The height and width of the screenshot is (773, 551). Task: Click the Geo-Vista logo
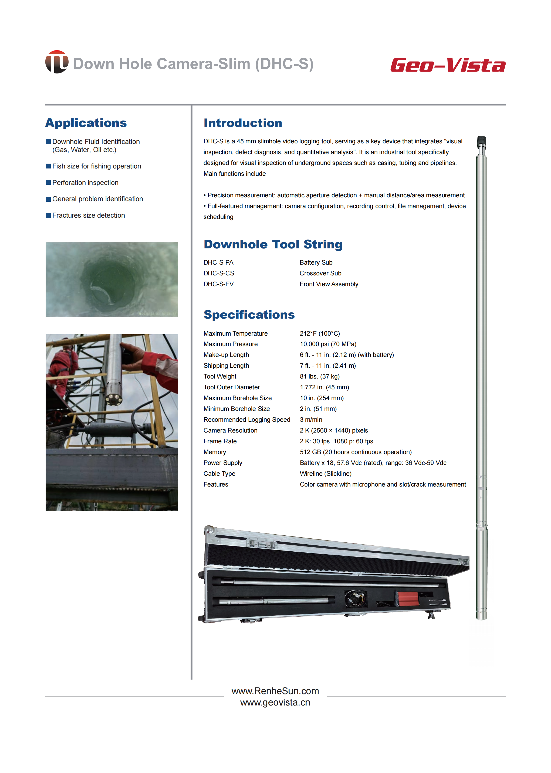click(448, 65)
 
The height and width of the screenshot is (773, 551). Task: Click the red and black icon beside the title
click(57, 62)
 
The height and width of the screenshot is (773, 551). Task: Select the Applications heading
click(86, 123)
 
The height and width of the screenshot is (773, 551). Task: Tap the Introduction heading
click(243, 123)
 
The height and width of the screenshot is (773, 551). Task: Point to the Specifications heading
click(249, 315)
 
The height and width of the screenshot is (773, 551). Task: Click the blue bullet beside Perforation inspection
click(48, 183)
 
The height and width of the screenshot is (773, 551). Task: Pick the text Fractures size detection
click(88, 215)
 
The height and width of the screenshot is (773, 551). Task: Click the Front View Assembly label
click(329, 284)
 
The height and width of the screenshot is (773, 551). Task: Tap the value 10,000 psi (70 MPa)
click(328, 344)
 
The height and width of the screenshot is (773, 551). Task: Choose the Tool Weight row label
click(219, 376)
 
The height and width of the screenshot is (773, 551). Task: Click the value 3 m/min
click(311, 420)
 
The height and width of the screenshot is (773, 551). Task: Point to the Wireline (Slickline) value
click(325, 474)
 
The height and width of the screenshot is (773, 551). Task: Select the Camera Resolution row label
click(230, 430)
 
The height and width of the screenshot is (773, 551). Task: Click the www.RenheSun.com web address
click(275, 691)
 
